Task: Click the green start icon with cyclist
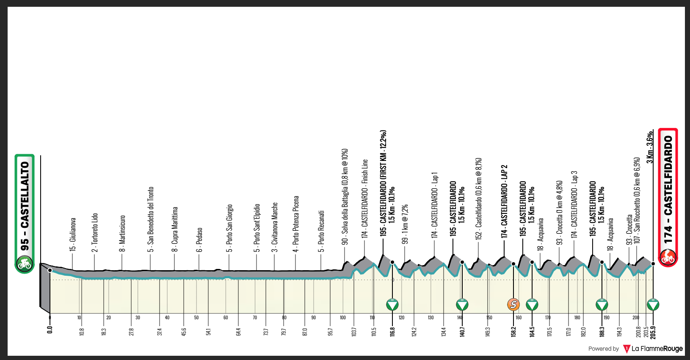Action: click(x=25, y=264)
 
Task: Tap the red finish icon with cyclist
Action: click(x=668, y=257)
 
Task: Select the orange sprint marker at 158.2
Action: click(x=513, y=304)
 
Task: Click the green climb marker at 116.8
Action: click(x=392, y=304)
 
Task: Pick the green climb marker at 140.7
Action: click(x=462, y=304)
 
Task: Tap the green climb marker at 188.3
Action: click(x=602, y=304)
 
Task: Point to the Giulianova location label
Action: click(x=73, y=235)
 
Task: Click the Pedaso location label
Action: click(x=199, y=239)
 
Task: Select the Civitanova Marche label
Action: click(x=275, y=227)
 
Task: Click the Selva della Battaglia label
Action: click(x=345, y=196)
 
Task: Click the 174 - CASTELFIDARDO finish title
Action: click(x=668, y=190)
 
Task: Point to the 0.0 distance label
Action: click(x=50, y=329)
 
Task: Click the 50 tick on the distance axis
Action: click(x=196, y=318)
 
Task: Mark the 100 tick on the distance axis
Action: click(x=343, y=318)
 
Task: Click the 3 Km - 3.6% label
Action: click(x=650, y=147)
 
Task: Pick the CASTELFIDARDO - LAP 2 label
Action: click(x=504, y=201)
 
